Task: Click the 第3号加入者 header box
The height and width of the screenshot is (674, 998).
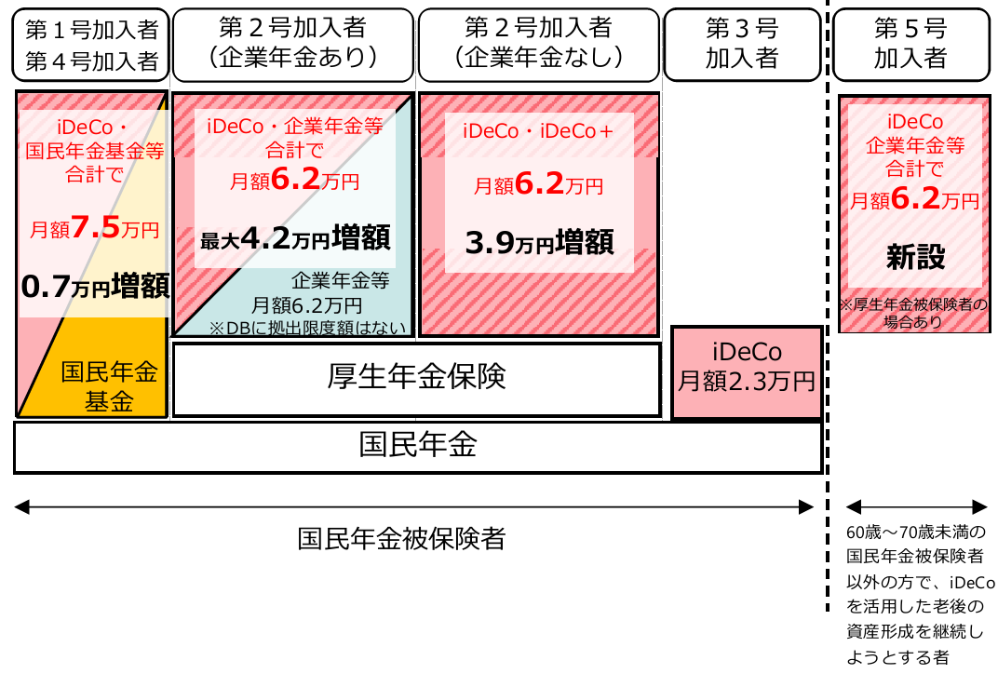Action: [741, 44]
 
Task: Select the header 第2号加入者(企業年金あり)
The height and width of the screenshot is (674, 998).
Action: [292, 44]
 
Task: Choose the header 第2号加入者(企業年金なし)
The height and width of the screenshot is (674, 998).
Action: [538, 44]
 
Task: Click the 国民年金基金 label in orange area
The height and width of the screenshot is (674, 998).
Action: [110, 387]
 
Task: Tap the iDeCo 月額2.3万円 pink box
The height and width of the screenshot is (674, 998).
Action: [747, 367]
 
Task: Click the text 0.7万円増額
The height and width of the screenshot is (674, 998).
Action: [94, 286]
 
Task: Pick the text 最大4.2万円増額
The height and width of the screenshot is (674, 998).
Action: [294, 239]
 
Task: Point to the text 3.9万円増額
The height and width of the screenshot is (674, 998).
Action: [539, 243]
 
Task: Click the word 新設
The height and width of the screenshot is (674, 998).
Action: [914, 258]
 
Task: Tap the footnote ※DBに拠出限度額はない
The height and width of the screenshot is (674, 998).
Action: [306, 326]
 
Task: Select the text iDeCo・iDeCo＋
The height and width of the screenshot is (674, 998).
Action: [539, 132]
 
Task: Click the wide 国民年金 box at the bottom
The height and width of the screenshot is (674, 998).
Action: [417, 446]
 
